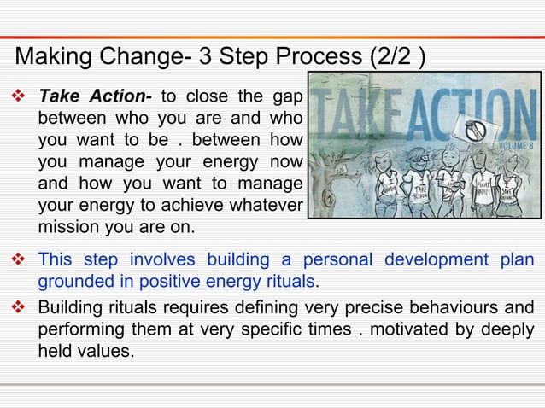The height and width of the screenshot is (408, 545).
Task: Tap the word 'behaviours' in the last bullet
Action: click(457, 308)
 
